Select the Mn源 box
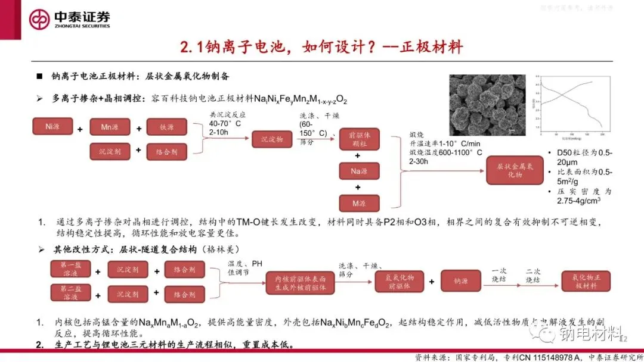[110, 127]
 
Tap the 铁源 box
[167, 127]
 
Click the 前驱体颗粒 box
[358, 139]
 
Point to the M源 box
[359, 203]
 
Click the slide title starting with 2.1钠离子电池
[322, 46]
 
